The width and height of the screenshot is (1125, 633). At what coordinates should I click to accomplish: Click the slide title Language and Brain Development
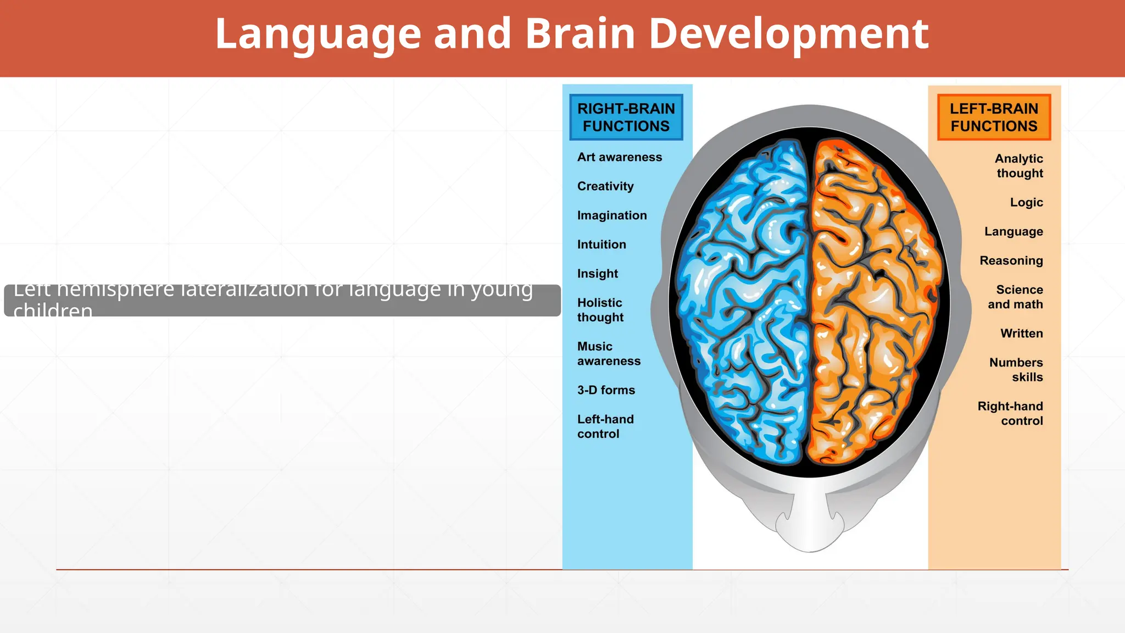(x=571, y=34)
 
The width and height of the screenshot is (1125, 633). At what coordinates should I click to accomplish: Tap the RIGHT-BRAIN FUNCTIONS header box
(x=626, y=117)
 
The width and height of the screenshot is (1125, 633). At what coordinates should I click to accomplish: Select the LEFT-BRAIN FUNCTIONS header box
(x=994, y=117)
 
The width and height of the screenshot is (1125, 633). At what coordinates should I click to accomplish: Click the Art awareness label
(x=620, y=157)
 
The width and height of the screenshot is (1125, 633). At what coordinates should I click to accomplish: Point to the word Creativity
(x=605, y=186)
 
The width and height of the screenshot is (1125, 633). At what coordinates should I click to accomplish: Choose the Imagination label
(x=612, y=215)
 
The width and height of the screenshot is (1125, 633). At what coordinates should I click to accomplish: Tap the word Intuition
(x=602, y=245)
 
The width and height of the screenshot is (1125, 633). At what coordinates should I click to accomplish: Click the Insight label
(x=598, y=274)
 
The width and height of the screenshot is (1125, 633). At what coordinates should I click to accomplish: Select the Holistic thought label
(x=600, y=310)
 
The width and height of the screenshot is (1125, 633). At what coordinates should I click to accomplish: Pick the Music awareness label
(x=609, y=354)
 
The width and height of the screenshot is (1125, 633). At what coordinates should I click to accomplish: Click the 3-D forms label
(x=606, y=390)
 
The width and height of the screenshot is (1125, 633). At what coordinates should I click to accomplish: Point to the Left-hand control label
(x=605, y=426)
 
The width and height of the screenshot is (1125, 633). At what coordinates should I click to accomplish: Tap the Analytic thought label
(x=1019, y=166)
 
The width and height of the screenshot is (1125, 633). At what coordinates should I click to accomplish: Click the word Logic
(x=1026, y=202)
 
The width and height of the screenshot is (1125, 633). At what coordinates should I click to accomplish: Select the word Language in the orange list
(x=1013, y=231)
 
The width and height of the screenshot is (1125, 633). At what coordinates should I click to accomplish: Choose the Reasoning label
(x=1011, y=260)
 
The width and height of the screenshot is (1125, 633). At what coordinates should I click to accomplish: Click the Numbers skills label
(x=1016, y=370)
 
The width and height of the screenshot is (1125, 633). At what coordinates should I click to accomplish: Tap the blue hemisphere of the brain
(x=742, y=302)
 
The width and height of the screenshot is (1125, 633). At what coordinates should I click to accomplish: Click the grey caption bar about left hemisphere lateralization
(x=282, y=300)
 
